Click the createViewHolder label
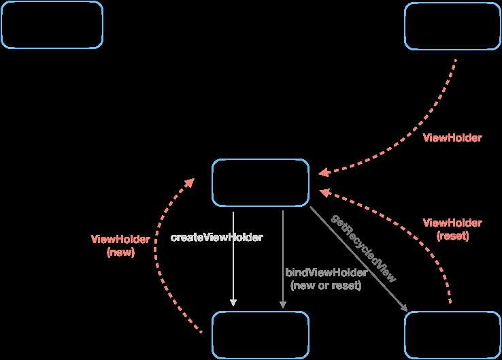tap(217, 238)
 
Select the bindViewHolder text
tap(327, 273)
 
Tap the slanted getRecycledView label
tap(363, 248)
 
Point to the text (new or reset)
tap(326, 285)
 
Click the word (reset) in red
tap(453, 236)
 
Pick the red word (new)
tap(120, 252)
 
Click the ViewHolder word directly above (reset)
tap(452, 223)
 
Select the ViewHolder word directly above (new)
tap(120, 240)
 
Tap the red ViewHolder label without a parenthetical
tap(452, 137)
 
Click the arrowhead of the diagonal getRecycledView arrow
tap(404, 308)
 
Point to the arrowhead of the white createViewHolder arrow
tap(233, 303)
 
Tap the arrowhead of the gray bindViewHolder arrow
tap(283, 305)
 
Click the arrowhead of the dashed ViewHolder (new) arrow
tap(190, 182)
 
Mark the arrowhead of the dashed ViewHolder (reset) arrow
tap(324, 193)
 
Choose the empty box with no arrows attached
tap(52, 25)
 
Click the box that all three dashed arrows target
tap(261, 182)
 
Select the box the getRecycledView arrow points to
tap(453, 335)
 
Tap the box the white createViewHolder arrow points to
tap(261, 335)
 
